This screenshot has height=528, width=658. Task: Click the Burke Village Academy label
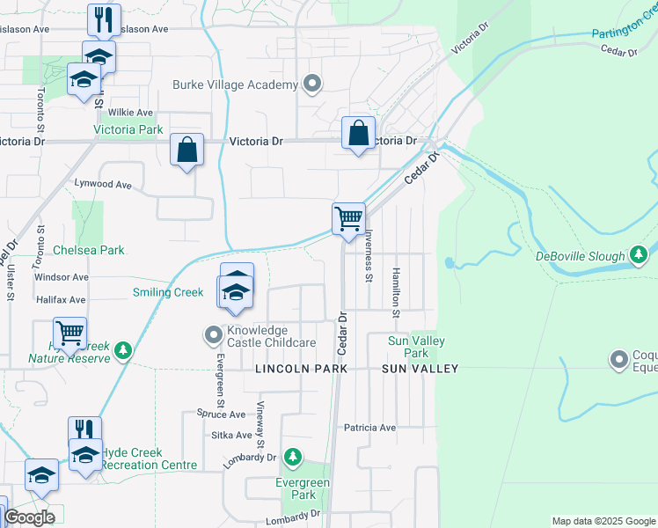point(235,84)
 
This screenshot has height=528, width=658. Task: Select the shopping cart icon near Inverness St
point(349,216)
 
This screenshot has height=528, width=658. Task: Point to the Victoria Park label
point(128,129)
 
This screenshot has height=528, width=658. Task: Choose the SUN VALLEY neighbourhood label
point(420,369)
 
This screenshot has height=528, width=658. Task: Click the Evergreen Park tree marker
point(294,458)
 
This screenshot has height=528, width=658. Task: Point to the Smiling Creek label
point(168,292)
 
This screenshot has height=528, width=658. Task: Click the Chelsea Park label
point(89,250)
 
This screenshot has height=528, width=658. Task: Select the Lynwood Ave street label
point(103,185)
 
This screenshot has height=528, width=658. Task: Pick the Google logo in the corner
point(29,517)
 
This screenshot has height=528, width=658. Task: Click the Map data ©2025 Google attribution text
point(603,521)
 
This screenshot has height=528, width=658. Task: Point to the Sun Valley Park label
point(417,347)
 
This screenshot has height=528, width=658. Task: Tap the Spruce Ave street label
point(221,414)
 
